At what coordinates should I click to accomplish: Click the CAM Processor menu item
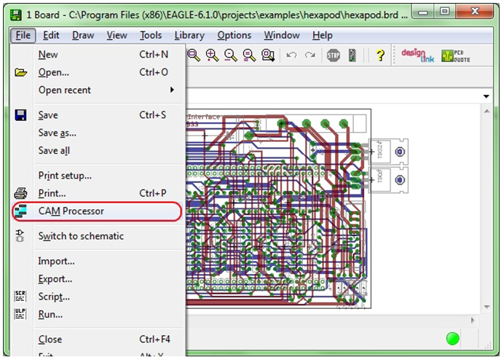click(71, 211)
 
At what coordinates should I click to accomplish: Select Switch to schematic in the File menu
click(81, 236)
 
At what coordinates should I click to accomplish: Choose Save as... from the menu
click(58, 133)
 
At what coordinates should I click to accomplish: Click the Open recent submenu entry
click(65, 90)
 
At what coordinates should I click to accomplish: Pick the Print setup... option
click(65, 176)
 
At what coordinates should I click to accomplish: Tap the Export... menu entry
click(55, 279)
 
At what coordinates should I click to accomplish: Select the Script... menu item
click(54, 297)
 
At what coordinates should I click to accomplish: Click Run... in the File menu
click(50, 314)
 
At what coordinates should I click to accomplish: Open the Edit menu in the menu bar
click(51, 35)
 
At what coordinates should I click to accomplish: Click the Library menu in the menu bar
click(189, 35)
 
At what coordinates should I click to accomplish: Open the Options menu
click(234, 35)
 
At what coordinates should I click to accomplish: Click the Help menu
click(322, 35)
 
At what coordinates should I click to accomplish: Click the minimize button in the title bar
click(422, 12)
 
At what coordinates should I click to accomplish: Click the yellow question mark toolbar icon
click(379, 55)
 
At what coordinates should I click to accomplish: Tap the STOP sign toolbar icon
click(334, 55)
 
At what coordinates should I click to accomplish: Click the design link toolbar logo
click(417, 55)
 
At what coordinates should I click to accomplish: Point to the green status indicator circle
click(453, 338)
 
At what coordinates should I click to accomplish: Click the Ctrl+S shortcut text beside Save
click(153, 115)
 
